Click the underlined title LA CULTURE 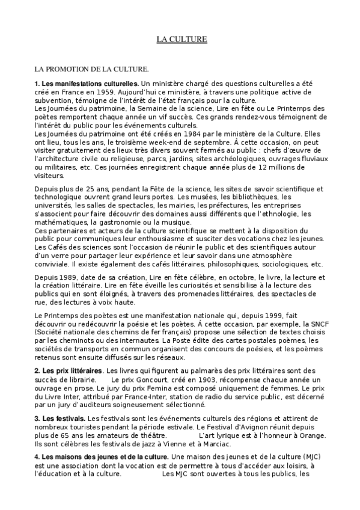click(182, 39)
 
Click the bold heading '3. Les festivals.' click(59, 418)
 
